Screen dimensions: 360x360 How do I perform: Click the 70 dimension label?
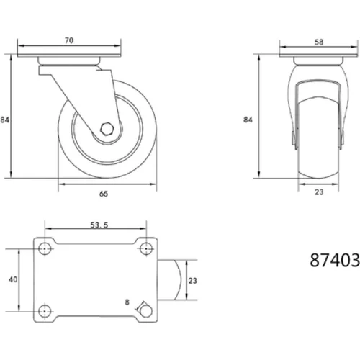pos(69,40)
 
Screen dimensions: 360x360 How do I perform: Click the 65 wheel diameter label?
pos(104,194)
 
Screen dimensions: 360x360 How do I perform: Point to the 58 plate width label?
pos(319,42)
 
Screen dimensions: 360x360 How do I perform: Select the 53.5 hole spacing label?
pos(99,225)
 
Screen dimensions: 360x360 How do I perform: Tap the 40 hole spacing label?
pos(13,279)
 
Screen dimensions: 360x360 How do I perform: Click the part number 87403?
pos(335,260)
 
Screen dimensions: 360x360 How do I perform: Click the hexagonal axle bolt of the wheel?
pos(106,129)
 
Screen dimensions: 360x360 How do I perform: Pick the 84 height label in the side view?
pos(4,120)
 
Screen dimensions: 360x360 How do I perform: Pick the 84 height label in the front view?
pos(248,120)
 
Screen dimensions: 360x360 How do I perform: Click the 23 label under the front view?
pos(319,192)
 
